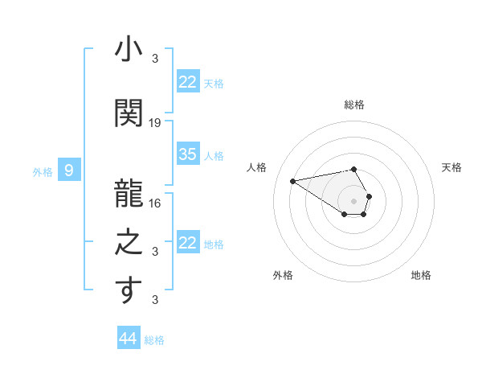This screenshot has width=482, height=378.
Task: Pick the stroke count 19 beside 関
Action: (x=156, y=123)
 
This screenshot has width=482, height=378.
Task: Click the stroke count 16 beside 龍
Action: (x=156, y=203)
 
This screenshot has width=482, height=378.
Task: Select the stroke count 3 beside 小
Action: (x=156, y=59)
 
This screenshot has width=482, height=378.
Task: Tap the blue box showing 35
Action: (x=188, y=154)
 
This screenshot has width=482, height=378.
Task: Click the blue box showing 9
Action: (x=69, y=171)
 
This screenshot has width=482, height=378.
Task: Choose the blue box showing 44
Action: (x=128, y=339)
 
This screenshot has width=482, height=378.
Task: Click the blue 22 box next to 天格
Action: (x=188, y=82)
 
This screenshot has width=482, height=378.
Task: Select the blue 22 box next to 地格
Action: (x=188, y=243)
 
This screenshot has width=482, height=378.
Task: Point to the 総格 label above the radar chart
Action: (x=354, y=105)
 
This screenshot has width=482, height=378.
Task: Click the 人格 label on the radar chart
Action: (x=257, y=167)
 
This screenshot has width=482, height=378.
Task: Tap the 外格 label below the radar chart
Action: (x=283, y=275)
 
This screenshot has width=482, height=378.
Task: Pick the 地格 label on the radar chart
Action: (x=421, y=275)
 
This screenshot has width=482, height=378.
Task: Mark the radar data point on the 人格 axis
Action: (x=293, y=180)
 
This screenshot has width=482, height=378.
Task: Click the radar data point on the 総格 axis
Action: (x=354, y=169)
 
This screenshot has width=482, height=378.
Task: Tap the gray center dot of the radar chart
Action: (x=354, y=200)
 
